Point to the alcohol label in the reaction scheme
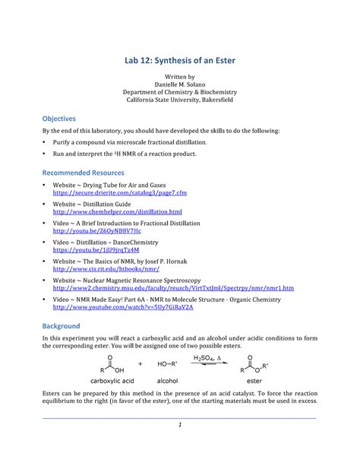(167, 385)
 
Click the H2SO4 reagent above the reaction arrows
(204, 357)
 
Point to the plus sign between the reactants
(141, 364)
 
